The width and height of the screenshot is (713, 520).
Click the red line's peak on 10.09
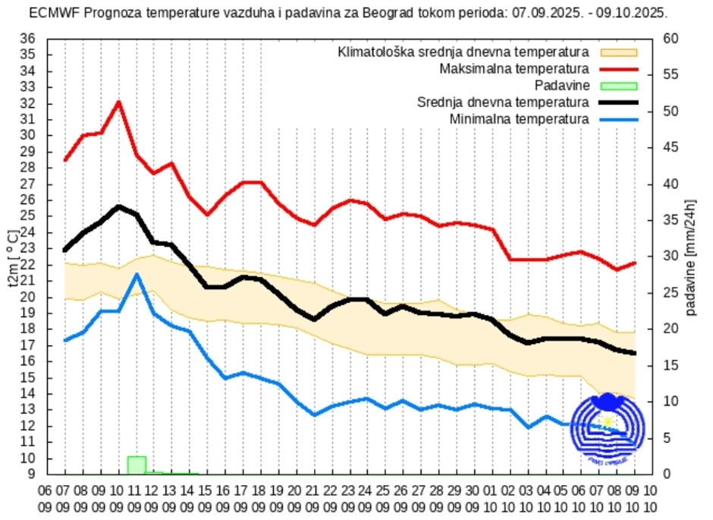pos(118,102)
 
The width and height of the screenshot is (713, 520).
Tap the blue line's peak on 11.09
pos(137,275)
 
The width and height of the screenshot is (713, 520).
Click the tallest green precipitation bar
pos(137,465)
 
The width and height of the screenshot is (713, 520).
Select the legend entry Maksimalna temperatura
pos(514,69)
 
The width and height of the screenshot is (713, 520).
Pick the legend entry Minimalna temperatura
pos(519,119)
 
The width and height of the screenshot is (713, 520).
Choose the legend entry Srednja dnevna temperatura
pos(503,102)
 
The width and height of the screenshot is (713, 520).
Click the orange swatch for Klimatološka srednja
pos(618,52)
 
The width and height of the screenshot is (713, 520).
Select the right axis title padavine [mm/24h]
pos(691,257)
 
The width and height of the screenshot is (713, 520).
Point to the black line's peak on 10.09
pos(119,206)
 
